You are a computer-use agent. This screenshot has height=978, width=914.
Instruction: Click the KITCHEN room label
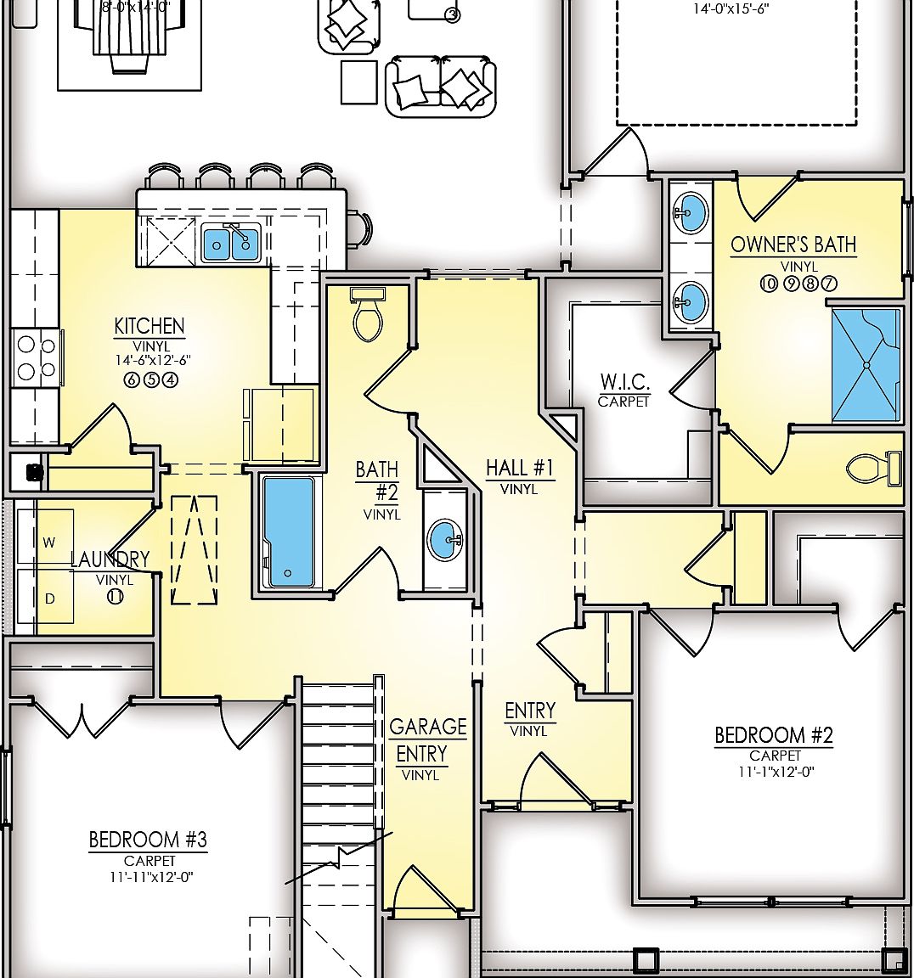pyautogui.click(x=150, y=326)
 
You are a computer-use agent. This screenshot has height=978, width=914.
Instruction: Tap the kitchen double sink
pyautogui.click(x=231, y=244)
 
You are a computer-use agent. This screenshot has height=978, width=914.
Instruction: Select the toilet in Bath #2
pyautogui.click(x=368, y=316)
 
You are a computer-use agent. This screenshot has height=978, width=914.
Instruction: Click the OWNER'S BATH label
pyautogui.click(x=793, y=245)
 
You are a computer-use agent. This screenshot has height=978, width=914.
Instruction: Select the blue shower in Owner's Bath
pyautogui.click(x=865, y=365)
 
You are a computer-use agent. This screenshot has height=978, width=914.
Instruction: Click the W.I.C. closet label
pyautogui.click(x=624, y=381)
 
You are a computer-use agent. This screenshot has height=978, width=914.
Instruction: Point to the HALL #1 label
pyautogui.click(x=519, y=468)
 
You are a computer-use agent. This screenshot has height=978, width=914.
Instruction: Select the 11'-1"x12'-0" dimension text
pyautogui.click(x=775, y=773)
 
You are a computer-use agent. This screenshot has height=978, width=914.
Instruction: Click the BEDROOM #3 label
pyautogui.click(x=148, y=840)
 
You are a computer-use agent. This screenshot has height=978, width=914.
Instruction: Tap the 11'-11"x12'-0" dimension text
pyautogui.click(x=149, y=878)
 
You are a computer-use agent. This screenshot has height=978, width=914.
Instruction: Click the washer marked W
pyautogui.click(x=48, y=542)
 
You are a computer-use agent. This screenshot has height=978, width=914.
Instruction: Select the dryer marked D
pyautogui.click(x=49, y=599)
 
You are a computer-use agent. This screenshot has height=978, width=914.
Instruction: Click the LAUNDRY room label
pyautogui.click(x=110, y=559)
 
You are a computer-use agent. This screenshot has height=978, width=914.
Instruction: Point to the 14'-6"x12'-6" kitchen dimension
pyautogui.click(x=153, y=360)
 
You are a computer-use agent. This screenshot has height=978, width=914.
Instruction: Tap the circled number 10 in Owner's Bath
pyautogui.click(x=768, y=284)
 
